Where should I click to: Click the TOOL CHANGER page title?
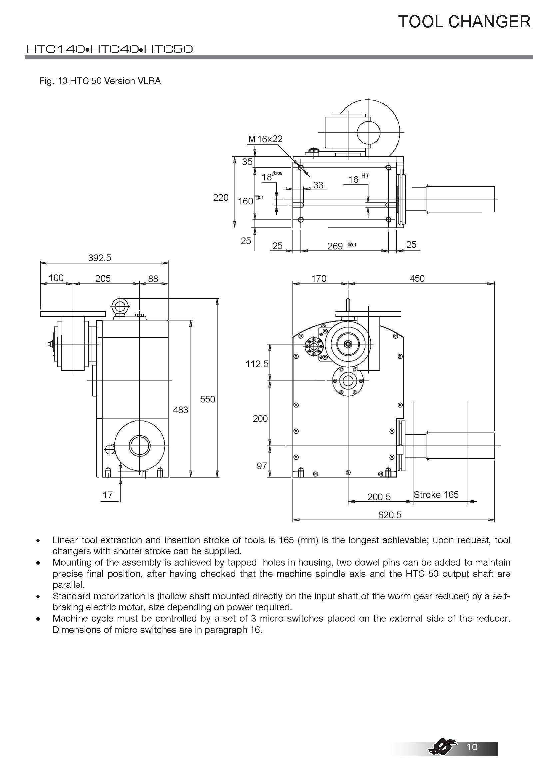click(464, 22)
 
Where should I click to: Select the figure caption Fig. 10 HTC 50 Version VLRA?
click(100, 81)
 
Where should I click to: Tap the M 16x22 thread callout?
click(265, 139)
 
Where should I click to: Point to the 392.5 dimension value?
click(100, 258)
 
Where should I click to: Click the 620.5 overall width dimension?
click(389, 515)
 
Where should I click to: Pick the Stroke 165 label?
click(436, 495)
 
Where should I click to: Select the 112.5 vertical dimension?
click(257, 364)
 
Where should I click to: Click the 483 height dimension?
click(180, 410)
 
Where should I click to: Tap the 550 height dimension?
click(207, 399)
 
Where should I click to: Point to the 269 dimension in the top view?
click(335, 246)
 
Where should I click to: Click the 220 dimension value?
click(221, 197)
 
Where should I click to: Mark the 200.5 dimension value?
click(379, 497)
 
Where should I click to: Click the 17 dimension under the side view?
click(108, 495)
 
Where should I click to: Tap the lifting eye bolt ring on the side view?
click(120, 306)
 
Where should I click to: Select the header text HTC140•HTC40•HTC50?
click(110, 49)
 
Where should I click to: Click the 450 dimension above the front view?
click(417, 278)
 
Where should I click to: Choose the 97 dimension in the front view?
click(262, 466)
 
